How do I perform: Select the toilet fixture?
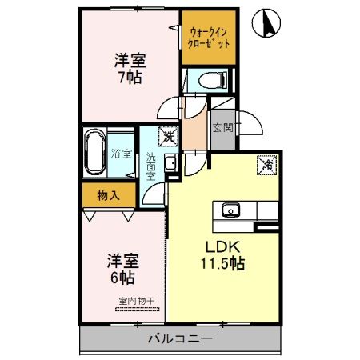click(x=208, y=79)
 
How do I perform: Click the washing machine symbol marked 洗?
click(x=168, y=138)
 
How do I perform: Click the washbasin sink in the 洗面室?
click(x=170, y=165)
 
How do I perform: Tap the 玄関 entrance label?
click(x=223, y=126)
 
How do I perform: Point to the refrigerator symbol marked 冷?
click(x=266, y=166)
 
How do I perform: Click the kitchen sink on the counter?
click(x=230, y=210)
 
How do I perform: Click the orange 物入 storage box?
click(x=109, y=194)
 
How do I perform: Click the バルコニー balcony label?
click(x=179, y=339)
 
